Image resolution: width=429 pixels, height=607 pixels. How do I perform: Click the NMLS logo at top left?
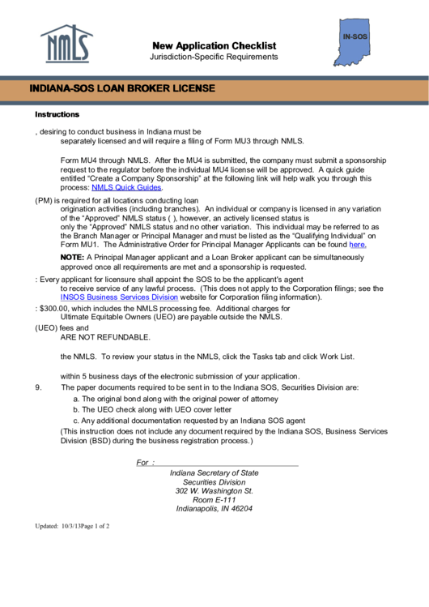(66, 45)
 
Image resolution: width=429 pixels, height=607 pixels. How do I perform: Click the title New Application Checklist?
(214, 45)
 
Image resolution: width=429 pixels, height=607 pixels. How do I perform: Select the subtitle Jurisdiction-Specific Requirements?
(214, 57)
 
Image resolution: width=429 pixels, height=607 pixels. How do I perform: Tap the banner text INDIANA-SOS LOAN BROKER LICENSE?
(122, 88)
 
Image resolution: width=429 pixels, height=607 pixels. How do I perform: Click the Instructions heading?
(57, 114)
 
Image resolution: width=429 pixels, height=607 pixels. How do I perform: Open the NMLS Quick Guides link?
(127, 187)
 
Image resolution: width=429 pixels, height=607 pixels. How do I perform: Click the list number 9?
(38, 387)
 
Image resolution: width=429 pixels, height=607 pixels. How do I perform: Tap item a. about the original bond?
(176, 399)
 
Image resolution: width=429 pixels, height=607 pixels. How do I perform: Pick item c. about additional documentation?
(189, 421)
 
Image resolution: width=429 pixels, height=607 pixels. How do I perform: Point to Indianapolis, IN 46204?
(214, 509)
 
